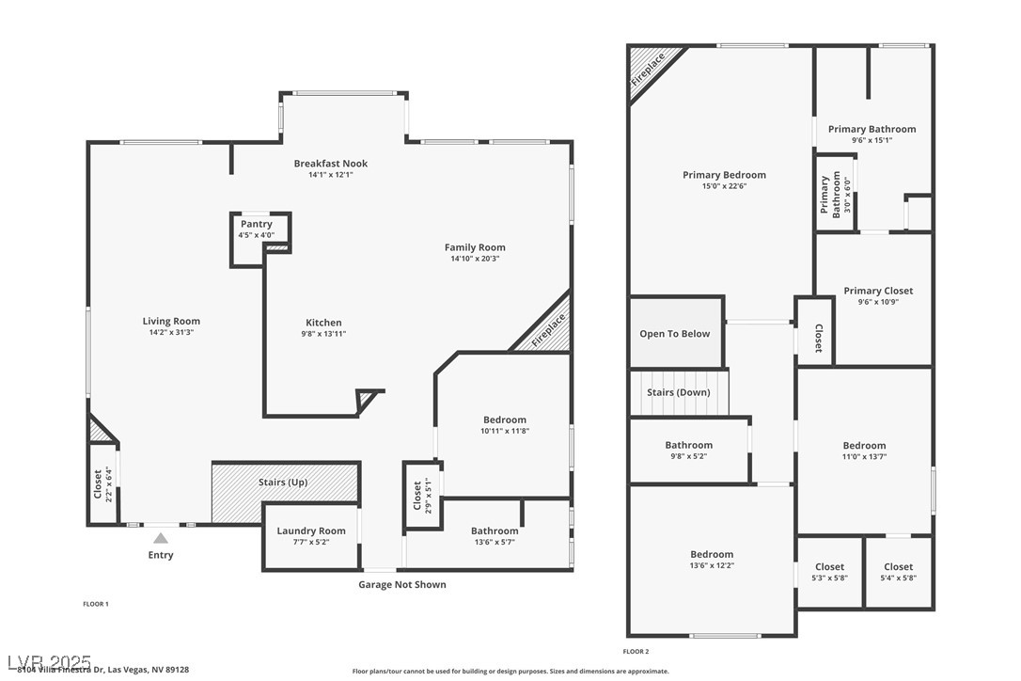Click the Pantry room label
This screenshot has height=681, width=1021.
256,225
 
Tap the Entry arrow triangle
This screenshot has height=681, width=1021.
161,539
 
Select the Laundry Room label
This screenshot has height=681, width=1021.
311,531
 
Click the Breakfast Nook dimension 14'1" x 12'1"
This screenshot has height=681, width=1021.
330,175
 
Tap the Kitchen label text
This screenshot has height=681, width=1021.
323,323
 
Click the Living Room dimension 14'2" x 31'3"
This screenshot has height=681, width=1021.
171,332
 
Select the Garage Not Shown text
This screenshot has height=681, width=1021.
401,585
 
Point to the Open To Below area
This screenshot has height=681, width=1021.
675,334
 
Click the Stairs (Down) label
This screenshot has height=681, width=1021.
678,392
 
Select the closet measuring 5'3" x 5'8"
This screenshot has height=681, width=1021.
829,572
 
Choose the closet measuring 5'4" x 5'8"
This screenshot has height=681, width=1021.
898,572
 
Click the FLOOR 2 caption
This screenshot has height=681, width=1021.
636,651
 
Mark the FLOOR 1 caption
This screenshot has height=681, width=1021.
96,604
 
